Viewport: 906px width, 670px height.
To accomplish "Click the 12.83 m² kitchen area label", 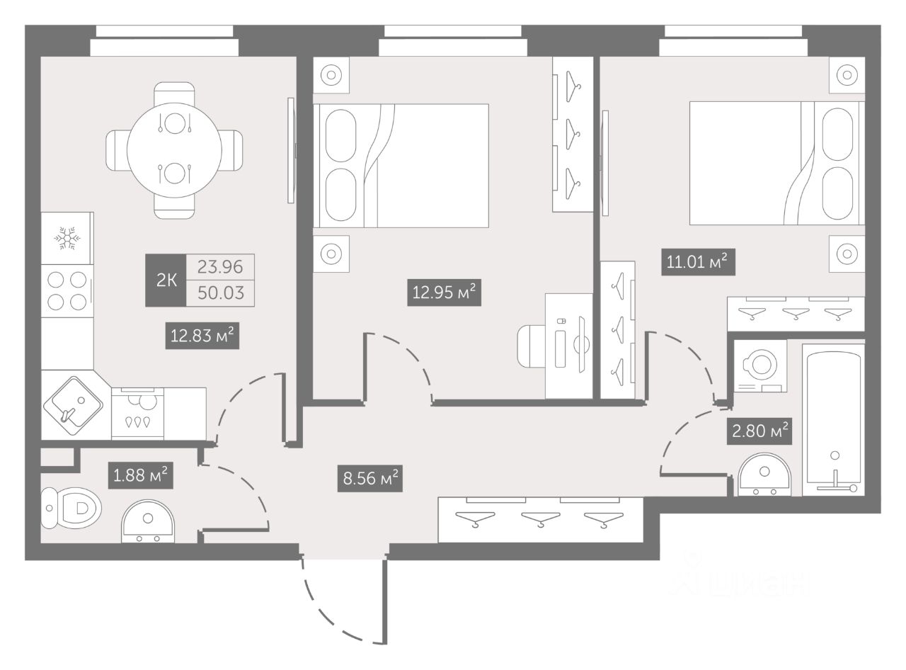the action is pos(201,336).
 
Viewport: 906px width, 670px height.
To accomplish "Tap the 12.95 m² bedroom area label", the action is pos(445,293).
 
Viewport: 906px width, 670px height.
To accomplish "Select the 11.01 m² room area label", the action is pos(696,263).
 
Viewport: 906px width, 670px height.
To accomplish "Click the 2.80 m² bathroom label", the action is pos(757,430).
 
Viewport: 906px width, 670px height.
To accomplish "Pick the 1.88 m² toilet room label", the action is pos(140,475).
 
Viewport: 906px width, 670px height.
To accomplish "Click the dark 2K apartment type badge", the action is pos(166,280).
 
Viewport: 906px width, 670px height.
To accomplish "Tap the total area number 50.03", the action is pos(221,293).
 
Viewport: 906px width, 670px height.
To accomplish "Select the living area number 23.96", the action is pos(221,267).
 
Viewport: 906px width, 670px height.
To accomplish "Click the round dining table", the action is pos(174,150).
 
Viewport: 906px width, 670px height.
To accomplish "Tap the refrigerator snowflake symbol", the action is pos(67,238).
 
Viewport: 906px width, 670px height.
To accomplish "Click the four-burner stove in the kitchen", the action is pos(67,290).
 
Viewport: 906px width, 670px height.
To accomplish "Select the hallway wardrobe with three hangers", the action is pos(540,520).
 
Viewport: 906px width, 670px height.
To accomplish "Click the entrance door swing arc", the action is pos(333,609).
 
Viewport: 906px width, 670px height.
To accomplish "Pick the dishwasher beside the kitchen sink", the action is pos(137,414).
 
